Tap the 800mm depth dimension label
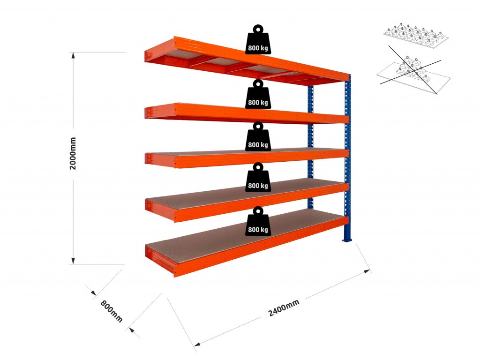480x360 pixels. (x=111, y=310)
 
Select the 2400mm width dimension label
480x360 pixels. (x=284, y=307)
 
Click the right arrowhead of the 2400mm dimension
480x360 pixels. (x=367, y=271)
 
